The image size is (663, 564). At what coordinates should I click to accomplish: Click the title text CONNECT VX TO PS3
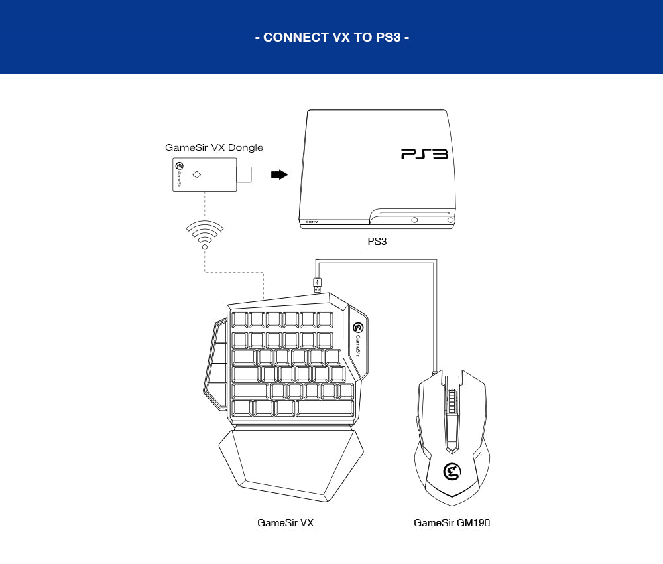(331, 37)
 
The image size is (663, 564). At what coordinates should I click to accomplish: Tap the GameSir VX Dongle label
(214, 147)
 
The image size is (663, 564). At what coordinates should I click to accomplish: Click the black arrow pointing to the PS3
(280, 175)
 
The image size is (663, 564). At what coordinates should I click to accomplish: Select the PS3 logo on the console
(424, 154)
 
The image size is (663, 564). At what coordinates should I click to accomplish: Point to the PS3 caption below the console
(377, 242)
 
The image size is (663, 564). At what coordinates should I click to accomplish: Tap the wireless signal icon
(204, 234)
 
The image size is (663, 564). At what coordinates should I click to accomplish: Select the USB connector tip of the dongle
(245, 175)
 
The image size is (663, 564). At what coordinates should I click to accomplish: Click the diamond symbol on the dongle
(196, 175)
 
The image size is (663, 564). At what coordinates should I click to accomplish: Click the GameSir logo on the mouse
(452, 472)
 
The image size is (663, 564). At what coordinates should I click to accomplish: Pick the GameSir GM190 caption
(452, 523)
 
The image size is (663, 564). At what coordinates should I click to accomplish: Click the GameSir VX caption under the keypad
(285, 523)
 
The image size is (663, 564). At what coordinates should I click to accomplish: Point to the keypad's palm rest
(292, 461)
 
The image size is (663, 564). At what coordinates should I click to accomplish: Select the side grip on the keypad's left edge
(213, 362)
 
